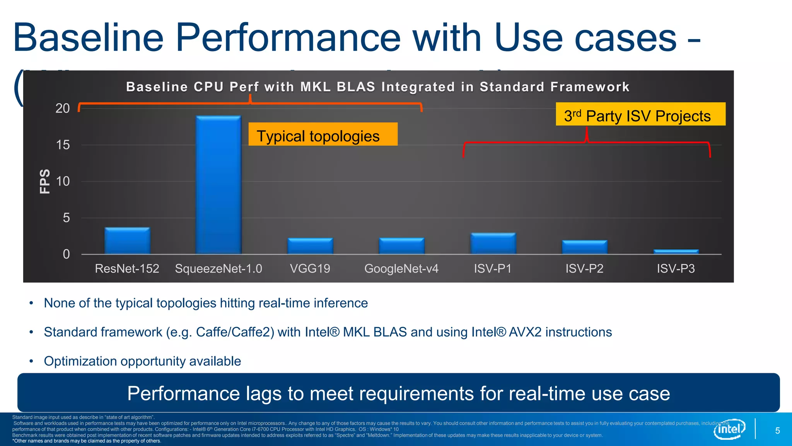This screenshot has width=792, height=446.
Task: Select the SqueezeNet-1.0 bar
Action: [x=218, y=185]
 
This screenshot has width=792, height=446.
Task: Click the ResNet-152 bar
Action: [x=127, y=241]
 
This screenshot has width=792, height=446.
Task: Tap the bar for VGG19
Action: [x=310, y=246]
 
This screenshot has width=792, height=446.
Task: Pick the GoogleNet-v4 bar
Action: [x=401, y=246]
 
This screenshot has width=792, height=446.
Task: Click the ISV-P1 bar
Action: [x=493, y=244]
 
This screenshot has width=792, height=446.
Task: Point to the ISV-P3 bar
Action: [x=676, y=252]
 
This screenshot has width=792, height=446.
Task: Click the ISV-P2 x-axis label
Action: [x=584, y=268]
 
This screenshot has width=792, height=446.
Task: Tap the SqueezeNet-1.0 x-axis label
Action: [x=218, y=268]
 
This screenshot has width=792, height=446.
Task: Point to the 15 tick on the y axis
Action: [x=63, y=145]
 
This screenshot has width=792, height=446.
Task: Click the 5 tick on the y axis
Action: [x=66, y=218]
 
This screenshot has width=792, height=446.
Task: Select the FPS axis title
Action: [x=45, y=181]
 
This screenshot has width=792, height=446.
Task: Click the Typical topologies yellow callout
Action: [x=323, y=134]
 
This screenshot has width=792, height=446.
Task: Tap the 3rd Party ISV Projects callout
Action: [x=640, y=114]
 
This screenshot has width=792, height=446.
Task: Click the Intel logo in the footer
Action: [x=729, y=429]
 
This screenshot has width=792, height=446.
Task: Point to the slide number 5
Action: [x=777, y=431]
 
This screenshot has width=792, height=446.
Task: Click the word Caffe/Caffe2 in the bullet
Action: [x=235, y=332]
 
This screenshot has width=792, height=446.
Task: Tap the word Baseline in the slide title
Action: [x=89, y=38]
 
